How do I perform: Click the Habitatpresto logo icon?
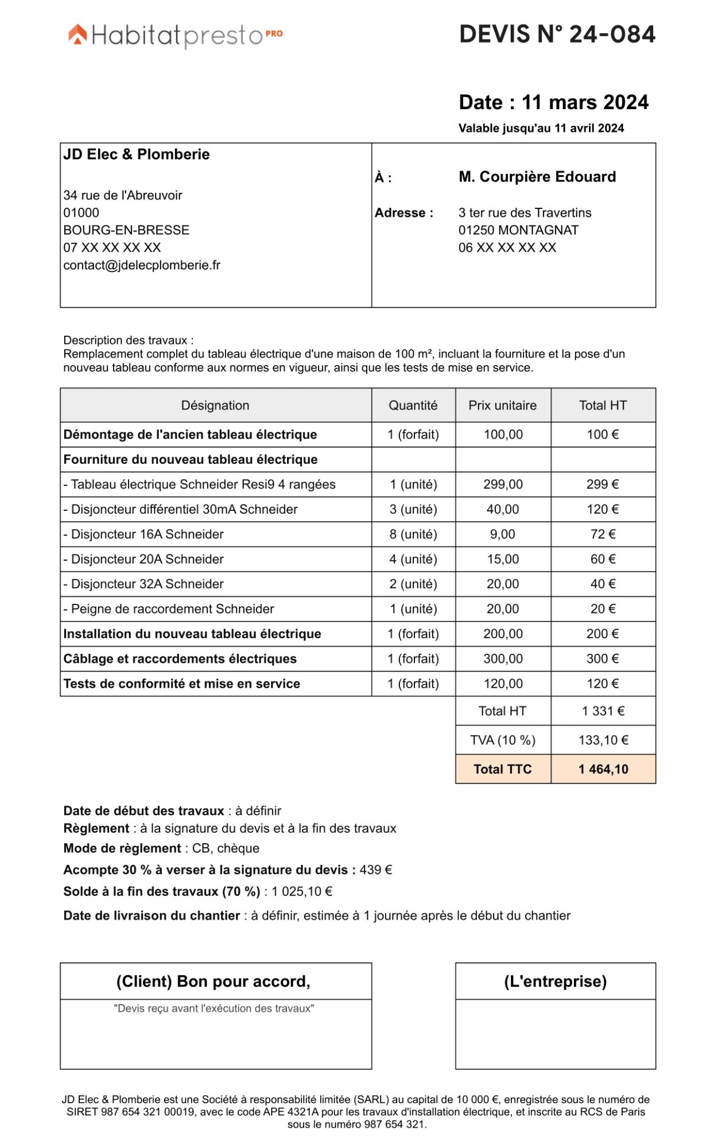[x=77, y=34]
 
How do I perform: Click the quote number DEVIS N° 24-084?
[x=557, y=34]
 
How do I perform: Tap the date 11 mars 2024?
[x=584, y=102]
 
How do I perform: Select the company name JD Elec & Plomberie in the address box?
[x=137, y=154]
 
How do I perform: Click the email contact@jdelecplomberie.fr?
[x=142, y=265]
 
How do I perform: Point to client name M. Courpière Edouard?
[x=537, y=177]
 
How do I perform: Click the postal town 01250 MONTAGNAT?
[x=518, y=230]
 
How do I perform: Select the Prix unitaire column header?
[x=502, y=405]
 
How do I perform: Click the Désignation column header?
[x=215, y=405]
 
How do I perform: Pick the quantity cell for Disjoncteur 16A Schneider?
[x=413, y=534]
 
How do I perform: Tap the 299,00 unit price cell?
[x=502, y=484]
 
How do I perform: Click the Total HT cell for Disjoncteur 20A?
[x=603, y=559]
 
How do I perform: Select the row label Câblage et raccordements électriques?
[x=180, y=659]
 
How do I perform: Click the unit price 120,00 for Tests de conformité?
[x=502, y=684]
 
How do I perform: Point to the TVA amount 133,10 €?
[x=603, y=740]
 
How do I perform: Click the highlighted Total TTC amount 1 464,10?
[x=603, y=769]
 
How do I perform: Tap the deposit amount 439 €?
[x=375, y=870]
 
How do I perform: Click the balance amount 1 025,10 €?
[x=302, y=892]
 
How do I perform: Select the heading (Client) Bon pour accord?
[x=213, y=982]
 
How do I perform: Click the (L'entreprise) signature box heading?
[x=555, y=982]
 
